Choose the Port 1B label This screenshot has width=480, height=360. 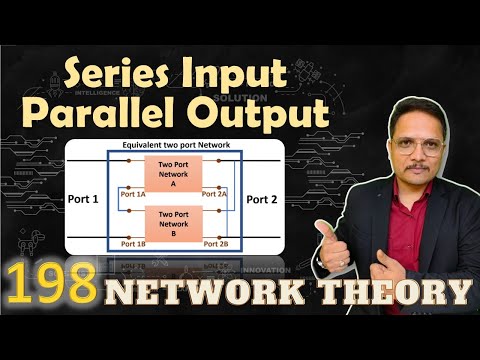[x=135, y=244]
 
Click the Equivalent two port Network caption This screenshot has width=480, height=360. [x=178, y=147]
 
